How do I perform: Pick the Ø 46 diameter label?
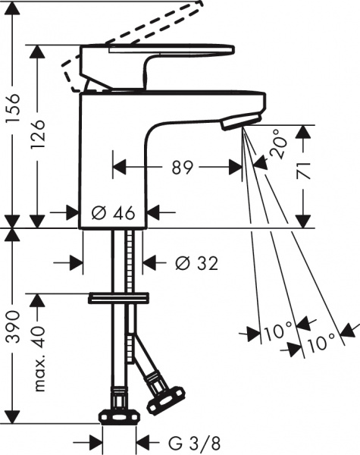pyautogui.click(x=113, y=213)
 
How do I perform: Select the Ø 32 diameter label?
pyautogui.click(x=196, y=263)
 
